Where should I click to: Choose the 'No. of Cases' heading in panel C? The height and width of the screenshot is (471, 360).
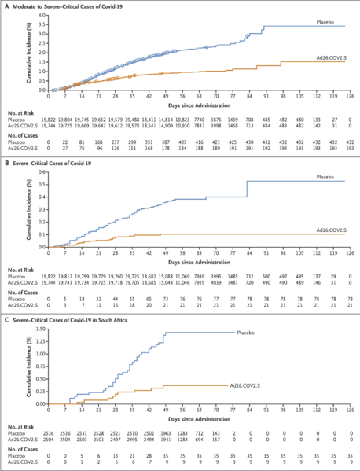click(20, 447)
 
